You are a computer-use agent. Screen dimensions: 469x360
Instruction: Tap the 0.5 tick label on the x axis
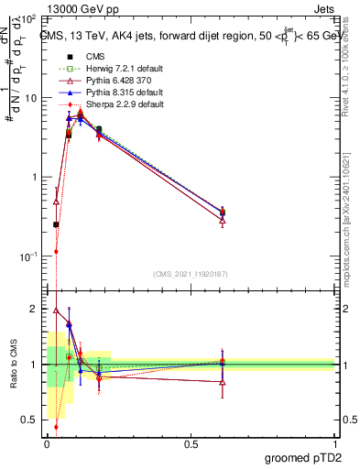[191, 442]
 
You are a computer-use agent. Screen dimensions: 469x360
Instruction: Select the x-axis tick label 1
[334, 442]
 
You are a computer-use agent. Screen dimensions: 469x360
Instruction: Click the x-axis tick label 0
[47, 442]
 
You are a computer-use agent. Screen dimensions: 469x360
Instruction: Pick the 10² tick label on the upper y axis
[30, 18]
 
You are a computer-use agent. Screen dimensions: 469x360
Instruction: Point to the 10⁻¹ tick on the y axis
[30, 256]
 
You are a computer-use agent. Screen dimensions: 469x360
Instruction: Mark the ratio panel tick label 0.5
[32, 420]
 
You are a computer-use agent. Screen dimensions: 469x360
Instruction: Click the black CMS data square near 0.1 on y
[56, 224]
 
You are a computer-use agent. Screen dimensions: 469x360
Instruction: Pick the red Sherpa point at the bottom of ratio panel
[56, 426]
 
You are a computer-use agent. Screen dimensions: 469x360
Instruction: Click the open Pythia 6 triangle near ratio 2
[56, 311]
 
